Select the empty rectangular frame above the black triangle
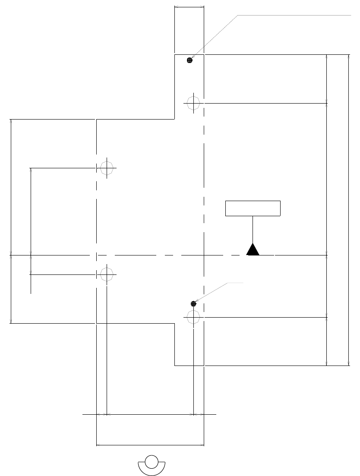[x=253, y=208]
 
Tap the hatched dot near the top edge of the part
[x=189, y=60]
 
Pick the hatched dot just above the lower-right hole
[x=193, y=304]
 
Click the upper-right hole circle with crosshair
[x=193, y=103]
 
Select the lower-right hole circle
[x=193, y=317]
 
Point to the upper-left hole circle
[x=107, y=167]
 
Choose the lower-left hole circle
[x=107, y=274]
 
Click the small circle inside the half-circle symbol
[x=152, y=461]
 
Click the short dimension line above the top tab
[x=189, y=6]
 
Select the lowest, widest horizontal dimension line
[x=150, y=444]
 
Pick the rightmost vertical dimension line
[x=348, y=210]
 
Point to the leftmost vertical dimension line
[x=10, y=221]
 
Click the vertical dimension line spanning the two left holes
[x=31, y=221]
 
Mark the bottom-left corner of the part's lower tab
[x=174, y=366]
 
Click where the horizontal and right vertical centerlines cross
[x=204, y=255]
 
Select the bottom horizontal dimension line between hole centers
[x=150, y=414]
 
